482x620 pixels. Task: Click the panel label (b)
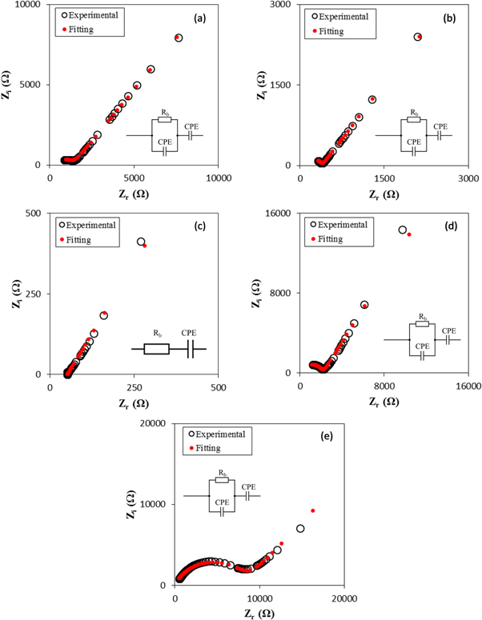tap(447, 16)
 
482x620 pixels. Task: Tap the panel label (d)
tap(448, 226)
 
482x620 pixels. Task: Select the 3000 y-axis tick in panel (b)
tap(287, 5)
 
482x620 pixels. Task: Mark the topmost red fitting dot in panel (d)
tap(409, 234)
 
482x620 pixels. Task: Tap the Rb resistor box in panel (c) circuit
tap(156, 349)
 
